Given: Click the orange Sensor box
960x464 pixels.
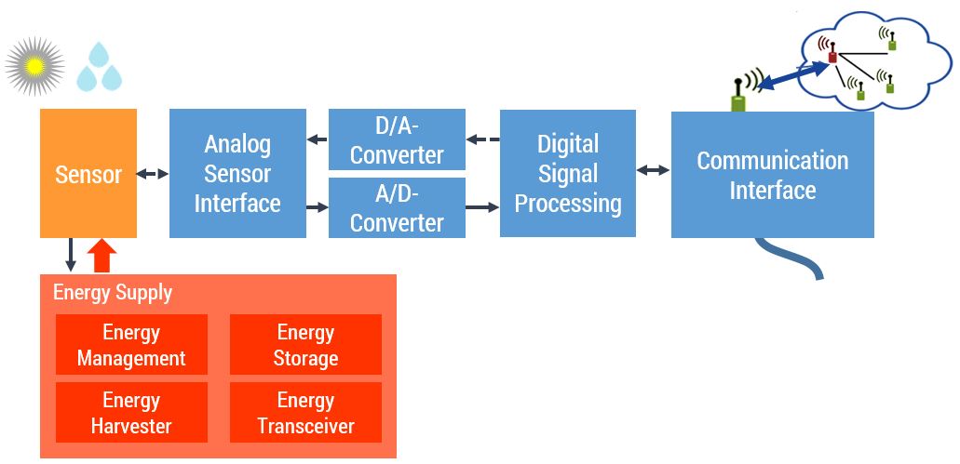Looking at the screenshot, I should (x=88, y=174).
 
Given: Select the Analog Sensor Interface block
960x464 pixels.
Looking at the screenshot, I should (x=237, y=174).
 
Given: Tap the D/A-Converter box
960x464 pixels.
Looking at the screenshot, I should (x=397, y=139).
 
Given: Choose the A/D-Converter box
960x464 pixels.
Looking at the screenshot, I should (x=397, y=208).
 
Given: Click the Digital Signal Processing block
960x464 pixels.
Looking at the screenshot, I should (x=568, y=174).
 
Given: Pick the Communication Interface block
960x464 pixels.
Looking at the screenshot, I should (x=773, y=175).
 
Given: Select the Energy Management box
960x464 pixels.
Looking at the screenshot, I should (x=131, y=345).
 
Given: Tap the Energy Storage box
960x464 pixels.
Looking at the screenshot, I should (x=305, y=345).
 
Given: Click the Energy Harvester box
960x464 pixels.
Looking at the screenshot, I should (x=131, y=413).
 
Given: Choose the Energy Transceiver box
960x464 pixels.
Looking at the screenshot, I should (x=305, y=413).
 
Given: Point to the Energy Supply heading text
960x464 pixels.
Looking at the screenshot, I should (x=113, y=292).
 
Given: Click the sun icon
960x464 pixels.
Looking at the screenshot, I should (x=34, y=66).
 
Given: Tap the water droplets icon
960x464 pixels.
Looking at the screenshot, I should (x=100, y=68).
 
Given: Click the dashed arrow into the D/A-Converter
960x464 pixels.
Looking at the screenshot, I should (x=482, y=139).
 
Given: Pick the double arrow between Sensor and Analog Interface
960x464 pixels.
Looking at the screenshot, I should (x=153, y=174).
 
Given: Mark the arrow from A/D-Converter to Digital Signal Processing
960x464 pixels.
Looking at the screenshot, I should (x=482, y=206).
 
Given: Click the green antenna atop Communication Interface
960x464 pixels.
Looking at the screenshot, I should (x=739, y=96).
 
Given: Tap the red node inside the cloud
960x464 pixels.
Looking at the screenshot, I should (x=832, y=58).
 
